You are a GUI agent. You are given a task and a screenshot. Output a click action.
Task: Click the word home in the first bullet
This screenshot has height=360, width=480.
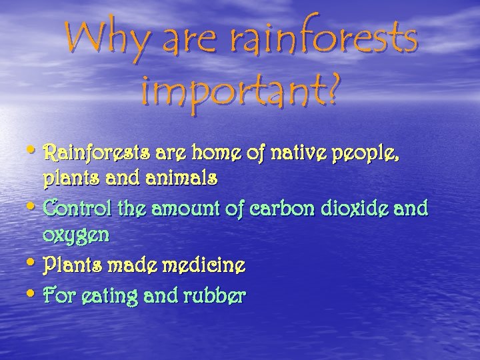coord(217,156)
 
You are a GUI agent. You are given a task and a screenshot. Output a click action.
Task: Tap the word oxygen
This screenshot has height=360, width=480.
coord(75,236)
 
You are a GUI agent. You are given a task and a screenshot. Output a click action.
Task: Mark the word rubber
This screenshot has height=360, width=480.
coord(211,295)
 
